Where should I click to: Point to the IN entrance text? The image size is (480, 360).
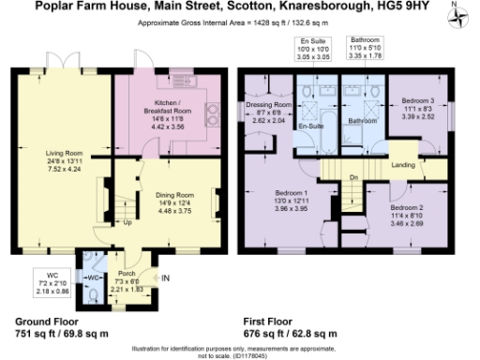coord(166,278)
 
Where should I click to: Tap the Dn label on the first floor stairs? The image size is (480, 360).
coord(353,176)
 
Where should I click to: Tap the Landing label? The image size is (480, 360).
coord(404,167)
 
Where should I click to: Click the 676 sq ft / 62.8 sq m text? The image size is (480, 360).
coord(290,333)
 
